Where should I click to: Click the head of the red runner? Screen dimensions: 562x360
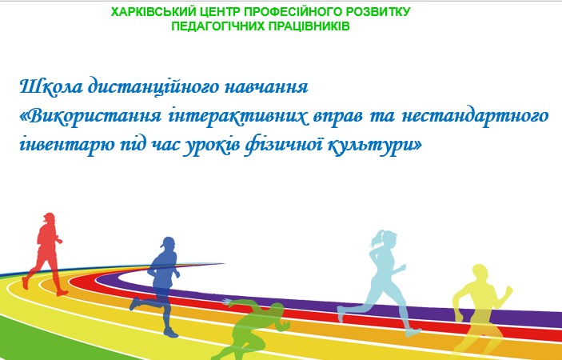point(49,218)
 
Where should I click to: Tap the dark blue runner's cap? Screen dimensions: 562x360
point(168,242)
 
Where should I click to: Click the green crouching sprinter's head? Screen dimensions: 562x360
point(277,310)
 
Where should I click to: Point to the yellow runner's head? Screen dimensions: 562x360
point(480,274)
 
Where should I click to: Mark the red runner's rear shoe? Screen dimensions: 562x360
point(24,282)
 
